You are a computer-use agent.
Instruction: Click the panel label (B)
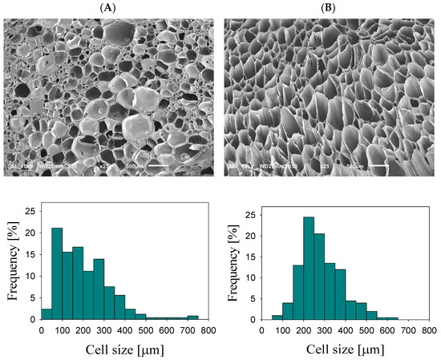330,7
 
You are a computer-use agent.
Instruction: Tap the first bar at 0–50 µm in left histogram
47,314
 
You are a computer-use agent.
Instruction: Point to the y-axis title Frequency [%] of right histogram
232,264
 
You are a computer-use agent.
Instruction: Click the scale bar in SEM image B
401,168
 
